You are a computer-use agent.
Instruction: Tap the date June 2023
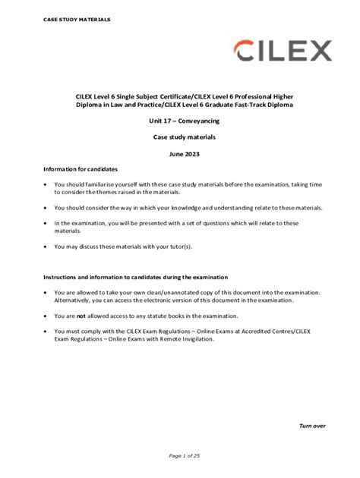point(180,154)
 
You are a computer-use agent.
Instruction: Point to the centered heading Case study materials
point(180,137)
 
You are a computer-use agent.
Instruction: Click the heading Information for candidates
point(81,168)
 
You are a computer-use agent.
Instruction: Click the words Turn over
point(312,426)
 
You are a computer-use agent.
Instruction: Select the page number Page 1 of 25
point(180,455)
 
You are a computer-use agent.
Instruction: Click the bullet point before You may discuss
point(47,247)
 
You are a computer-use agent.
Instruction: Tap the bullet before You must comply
point(47,332)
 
